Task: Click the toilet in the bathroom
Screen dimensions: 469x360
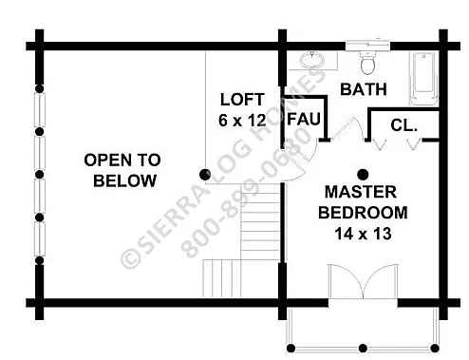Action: [367, 64]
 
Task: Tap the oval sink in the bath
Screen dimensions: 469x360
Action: [312, 60]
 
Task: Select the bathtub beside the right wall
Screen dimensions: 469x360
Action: [424, 78]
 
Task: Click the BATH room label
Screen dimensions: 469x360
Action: [364, 89]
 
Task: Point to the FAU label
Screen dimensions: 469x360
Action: [304, 119]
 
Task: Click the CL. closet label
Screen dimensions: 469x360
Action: [403, 125]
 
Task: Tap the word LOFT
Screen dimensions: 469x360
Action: [242, 100]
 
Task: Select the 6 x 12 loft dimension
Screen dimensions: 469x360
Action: [242, 121]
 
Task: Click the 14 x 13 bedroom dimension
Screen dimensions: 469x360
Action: [363, 234]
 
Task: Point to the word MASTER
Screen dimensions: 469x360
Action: [361, 192]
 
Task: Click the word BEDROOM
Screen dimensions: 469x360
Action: [363, 213]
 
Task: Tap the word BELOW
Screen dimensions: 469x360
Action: [125, 181]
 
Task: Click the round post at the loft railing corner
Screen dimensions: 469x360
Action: [205, 175]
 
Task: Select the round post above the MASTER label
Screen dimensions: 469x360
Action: [363, 174]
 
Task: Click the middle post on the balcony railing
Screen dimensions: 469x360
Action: [363, 349]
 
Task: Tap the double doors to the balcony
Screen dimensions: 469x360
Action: [363, 281]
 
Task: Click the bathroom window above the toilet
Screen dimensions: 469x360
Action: [367, 46]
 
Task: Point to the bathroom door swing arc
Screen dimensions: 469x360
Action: [359, 126]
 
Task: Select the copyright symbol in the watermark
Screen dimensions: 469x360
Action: [130, 257]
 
